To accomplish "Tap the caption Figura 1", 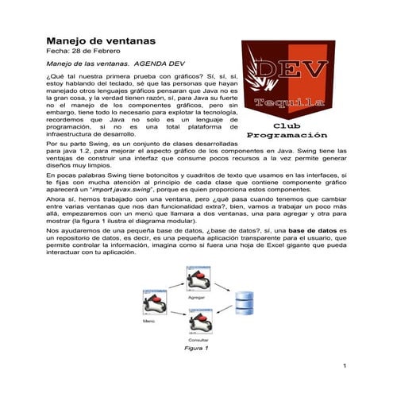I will tap(195, 348).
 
